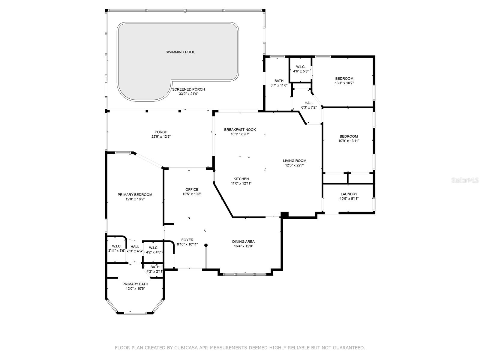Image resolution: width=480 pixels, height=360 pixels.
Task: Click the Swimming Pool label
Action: tap(180, 52)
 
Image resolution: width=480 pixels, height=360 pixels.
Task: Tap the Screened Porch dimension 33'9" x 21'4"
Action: tap(188, 94)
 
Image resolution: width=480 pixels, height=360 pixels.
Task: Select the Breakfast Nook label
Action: tap(240, 130)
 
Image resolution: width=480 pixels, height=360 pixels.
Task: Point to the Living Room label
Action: tap(295, 161)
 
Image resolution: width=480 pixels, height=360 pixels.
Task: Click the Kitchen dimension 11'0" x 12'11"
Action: tap(241, 183)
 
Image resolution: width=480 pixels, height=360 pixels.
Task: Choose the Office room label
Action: tap(192, 190)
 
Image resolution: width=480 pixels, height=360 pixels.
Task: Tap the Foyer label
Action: tap(187, 240)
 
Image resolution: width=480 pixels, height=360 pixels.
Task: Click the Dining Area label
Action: tap(243, 241)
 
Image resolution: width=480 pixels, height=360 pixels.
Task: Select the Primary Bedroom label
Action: tap(135, 195)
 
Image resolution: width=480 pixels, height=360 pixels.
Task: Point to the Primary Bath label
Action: tap(135, 284)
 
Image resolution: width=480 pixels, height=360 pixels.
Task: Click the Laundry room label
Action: tap(349, 194)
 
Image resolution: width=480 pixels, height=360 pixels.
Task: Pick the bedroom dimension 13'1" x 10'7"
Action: tap(344, 83)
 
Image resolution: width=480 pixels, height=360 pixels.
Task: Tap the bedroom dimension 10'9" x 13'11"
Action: tap(349, 141)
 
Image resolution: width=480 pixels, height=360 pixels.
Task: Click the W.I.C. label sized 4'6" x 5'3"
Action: tap(301, 67)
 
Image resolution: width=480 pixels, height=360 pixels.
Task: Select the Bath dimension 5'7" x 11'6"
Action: tap(279, 85)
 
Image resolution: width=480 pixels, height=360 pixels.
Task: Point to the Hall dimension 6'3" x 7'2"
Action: tap(309, 107)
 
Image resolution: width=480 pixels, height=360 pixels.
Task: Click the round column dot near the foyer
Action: tap(206, 245)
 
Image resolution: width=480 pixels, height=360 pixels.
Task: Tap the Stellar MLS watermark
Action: tap(465, 180)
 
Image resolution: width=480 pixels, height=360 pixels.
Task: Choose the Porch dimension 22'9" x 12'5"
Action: tap(161, 136)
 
